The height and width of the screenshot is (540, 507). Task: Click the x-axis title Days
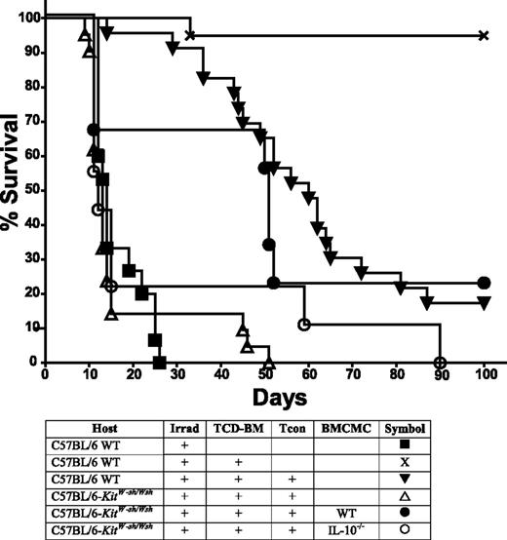click(262, 398)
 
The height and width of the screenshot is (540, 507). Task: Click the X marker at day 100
click(484, 35)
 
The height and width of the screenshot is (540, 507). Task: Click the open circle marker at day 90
click(440, 362)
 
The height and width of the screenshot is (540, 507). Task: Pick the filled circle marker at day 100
click(484, 283)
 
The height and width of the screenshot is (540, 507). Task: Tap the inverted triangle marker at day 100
click(484, 303)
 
